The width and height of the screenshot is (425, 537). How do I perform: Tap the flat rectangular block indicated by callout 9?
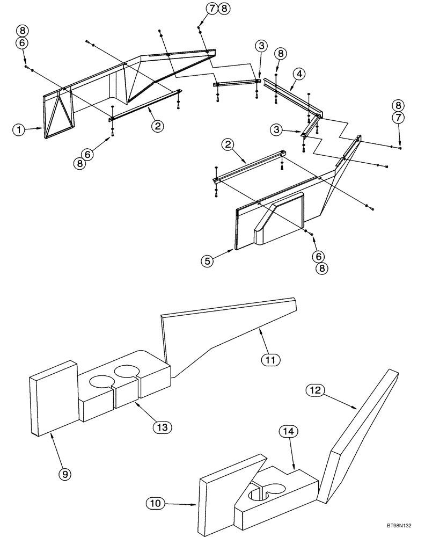click(53, 397)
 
